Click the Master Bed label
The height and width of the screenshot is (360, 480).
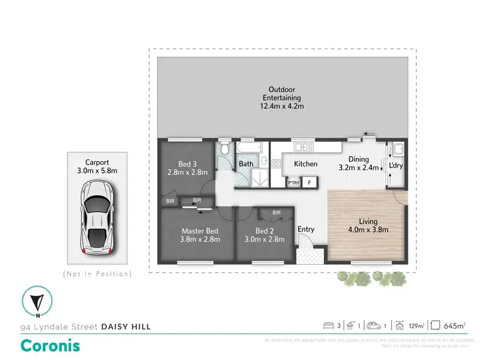[200, 235]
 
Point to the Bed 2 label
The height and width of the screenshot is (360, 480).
[265, 235]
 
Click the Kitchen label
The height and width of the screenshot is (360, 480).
[305, 164]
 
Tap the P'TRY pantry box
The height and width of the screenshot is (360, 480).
[294, 183]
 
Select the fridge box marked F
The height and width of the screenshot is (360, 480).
[310, 183]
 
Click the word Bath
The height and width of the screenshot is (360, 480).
[246, 164]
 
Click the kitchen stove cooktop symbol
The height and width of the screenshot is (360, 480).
[276, 164]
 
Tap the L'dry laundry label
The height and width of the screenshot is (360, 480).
[397, 165]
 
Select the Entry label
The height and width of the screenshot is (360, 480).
[306, 230]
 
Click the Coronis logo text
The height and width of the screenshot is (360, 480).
[51, 345]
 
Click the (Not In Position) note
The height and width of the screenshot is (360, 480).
[97, 274]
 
